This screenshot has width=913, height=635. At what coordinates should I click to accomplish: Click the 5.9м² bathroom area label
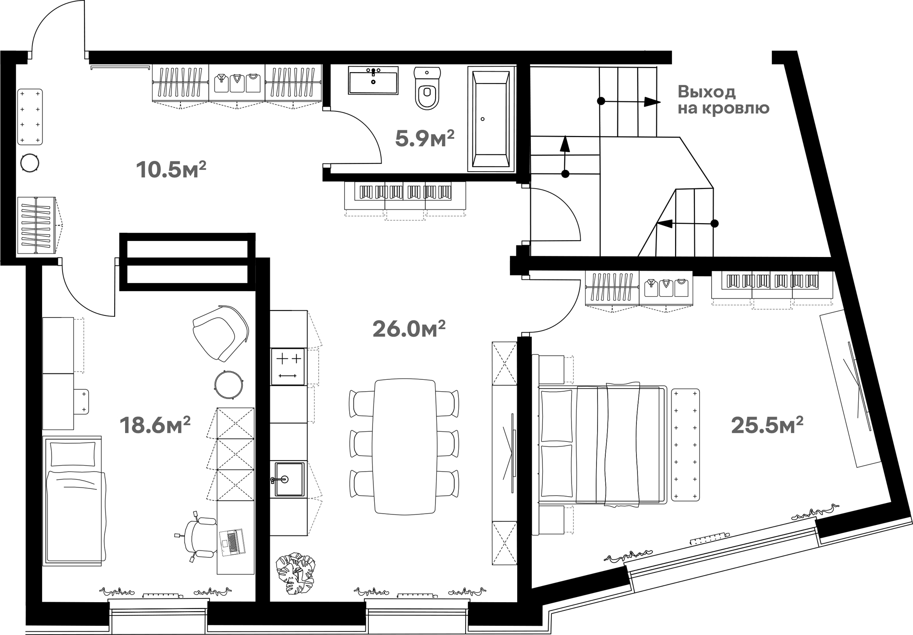click(425, 138)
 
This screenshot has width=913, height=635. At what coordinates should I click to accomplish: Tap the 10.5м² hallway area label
click(171, 169)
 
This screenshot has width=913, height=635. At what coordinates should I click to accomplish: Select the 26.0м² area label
click(409, 329)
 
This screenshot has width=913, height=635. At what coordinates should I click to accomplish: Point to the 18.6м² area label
click(155, 425)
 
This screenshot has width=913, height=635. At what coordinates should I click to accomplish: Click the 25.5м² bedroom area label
click(767, 425)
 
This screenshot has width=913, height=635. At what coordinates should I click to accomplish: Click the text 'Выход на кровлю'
click(723, 100)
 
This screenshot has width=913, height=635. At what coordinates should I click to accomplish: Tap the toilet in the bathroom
click(427, 88)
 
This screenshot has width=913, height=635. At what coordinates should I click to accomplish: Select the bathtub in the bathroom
click(491, 119)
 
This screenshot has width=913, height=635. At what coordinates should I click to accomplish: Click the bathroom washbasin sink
click(373, 80)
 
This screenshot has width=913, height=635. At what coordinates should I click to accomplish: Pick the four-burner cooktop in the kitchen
click(288, 367)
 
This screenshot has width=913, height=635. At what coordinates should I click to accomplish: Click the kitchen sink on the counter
click(289, 478)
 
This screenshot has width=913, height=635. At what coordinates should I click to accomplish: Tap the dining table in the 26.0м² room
click(404, 446)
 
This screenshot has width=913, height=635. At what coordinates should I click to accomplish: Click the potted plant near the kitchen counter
click(295, 573)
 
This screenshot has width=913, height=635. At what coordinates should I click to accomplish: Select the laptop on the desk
click(232, 542)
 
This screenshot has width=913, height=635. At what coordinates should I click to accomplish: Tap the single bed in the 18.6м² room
click(73, 501)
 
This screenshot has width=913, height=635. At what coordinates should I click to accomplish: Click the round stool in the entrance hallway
click(30, 163)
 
